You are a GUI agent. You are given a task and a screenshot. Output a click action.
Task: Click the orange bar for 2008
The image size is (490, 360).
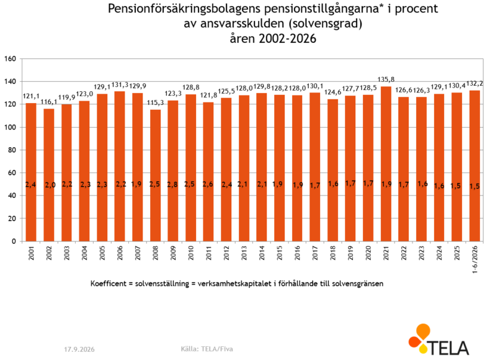tap(155, 175)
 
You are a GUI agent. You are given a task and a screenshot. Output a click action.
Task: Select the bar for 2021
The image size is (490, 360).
tap(386, 164)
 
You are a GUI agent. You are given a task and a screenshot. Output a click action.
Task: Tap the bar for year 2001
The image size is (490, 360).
tap(31, 172)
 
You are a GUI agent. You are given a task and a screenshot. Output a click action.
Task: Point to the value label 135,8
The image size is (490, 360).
tap(386, 79)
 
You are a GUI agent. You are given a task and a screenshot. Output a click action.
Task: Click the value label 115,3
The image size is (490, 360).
tap(155, 102)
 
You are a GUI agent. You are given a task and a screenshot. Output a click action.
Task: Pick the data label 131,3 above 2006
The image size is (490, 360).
tap(120, 85)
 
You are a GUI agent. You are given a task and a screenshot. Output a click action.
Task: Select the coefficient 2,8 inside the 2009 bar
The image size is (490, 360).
tap(172, 185)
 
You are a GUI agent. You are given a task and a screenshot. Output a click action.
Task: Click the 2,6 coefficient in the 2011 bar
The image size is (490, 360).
tap(208, 184)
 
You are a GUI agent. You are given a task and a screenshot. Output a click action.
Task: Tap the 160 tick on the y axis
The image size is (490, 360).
tap(10, 59)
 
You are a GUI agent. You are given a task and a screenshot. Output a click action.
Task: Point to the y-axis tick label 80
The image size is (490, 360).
tap(12, 150)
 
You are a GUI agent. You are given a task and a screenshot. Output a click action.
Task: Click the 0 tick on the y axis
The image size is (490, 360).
tap(14, 241)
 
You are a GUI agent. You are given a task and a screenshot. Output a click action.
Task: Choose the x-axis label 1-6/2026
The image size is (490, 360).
tap(475, 259)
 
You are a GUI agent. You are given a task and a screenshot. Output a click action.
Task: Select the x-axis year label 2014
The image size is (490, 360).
tap(262, 253)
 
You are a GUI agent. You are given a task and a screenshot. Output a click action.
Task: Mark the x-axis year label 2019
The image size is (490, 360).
tap(350, 253)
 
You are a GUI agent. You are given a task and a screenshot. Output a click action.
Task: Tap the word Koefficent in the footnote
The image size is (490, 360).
tap(108, 284)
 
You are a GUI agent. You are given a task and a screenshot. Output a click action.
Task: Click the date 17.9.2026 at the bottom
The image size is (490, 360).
tap(79, 349)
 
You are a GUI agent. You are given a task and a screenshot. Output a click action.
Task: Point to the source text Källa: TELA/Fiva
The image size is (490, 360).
tap(207, 349)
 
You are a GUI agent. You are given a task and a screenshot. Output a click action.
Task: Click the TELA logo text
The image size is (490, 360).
tap(448, 348)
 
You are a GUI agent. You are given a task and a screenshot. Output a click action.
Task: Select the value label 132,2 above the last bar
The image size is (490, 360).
tap(474, 84)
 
